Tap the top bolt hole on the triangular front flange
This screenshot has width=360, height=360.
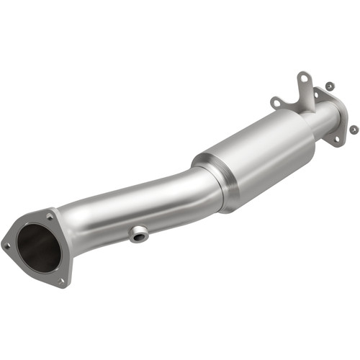[50, 214]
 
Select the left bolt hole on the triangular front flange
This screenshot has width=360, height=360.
[8, 246]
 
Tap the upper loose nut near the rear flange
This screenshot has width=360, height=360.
[329, 86]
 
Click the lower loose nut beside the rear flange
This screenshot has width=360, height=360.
[354, 129]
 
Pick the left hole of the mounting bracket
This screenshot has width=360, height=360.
[275, 102]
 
